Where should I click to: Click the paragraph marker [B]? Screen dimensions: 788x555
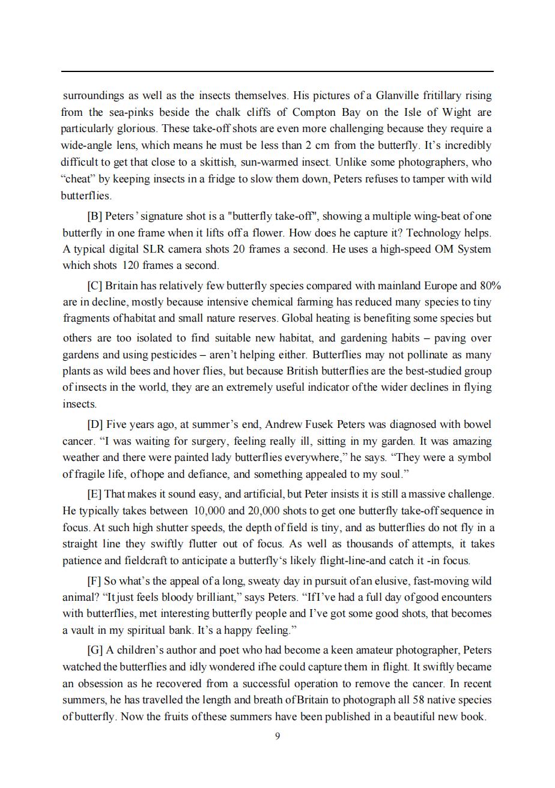click(x=95, y=217)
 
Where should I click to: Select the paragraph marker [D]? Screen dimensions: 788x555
click(x=95, y=425)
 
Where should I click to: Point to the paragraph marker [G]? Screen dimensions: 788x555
click(x=95, y=651)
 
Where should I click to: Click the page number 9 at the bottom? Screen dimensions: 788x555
click(x=277, y=736)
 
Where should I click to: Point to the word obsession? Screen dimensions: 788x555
click(x=100, y=684)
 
